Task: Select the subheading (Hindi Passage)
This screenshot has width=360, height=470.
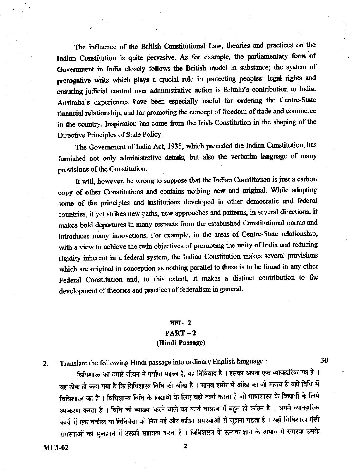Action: (180, 343)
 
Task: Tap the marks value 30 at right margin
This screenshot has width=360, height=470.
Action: (324, 360)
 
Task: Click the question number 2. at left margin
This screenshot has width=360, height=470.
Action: (45, 364)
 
